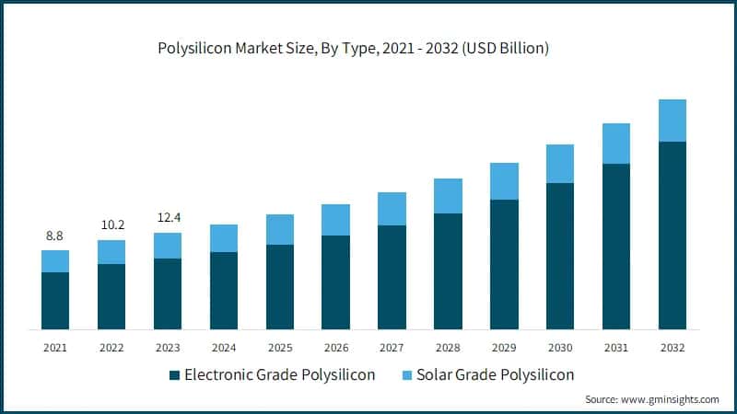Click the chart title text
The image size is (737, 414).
368,49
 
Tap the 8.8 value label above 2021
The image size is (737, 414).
55,236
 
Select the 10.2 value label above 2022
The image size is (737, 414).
111,225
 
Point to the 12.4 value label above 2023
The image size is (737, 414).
168,218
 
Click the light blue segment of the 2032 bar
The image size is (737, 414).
673,121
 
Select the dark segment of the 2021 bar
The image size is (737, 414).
55,301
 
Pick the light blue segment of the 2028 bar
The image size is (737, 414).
448,196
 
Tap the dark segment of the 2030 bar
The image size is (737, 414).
560,256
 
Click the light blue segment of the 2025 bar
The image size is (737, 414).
280,229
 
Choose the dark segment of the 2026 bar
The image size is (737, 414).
336,282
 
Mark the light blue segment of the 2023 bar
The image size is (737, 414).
168,246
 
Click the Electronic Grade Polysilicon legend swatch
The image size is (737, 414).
175,375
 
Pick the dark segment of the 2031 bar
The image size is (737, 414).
616,247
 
